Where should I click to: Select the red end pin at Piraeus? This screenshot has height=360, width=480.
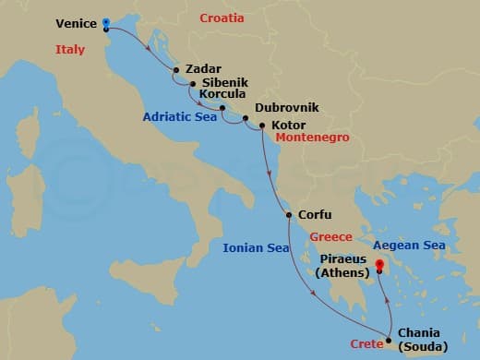pyautogui.click(x=379, y=265)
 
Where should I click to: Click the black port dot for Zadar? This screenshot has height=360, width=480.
pyautogui.click(x=177, y=68)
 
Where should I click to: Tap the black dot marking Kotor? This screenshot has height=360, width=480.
pyautogui.click(x=263, y=125)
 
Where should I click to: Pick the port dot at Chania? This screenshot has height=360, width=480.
pyautogui.click(x=389, y=342)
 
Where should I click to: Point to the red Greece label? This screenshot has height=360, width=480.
pyautogui.click(x=331, y=236)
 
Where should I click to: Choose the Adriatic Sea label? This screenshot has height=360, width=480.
pyautogui.click(x=179, y=117)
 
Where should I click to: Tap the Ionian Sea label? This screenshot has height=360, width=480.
pyautogui.click(x=255, y=247)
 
